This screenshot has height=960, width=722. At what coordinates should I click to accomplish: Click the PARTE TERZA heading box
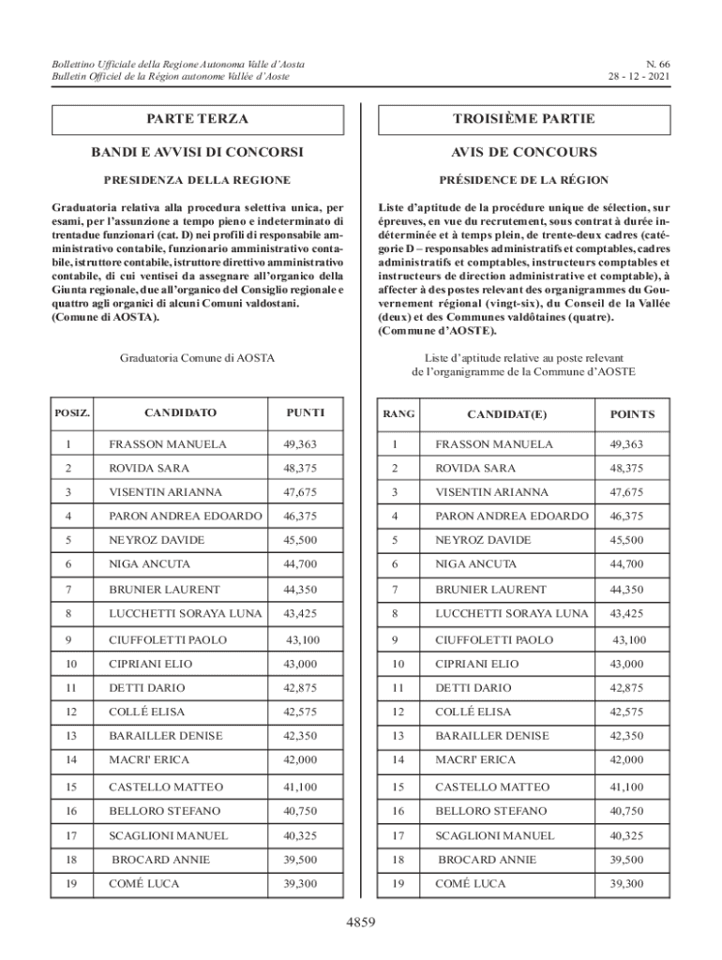[197, 120]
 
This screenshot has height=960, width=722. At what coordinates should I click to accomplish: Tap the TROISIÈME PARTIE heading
[523, 120]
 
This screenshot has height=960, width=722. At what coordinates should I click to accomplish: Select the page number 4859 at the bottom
[361, 923]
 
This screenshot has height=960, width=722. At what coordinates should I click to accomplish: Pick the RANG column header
[399, 413]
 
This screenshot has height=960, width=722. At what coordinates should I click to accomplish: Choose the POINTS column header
[632, 413]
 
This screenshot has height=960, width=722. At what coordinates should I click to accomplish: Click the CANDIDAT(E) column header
[506, 413]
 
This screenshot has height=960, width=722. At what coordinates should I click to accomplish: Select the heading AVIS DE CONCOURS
[523, 152]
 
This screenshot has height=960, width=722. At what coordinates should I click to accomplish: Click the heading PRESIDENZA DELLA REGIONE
[197, 179]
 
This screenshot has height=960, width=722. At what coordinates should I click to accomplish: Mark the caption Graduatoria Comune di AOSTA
[197, 358]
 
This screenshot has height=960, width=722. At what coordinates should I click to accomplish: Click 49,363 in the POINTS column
[628, 443]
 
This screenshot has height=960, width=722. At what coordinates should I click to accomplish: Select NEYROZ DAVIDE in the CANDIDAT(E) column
[483, 540]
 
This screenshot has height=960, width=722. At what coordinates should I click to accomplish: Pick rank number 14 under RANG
[398, 760]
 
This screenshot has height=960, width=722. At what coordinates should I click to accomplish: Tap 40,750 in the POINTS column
[628, 810]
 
